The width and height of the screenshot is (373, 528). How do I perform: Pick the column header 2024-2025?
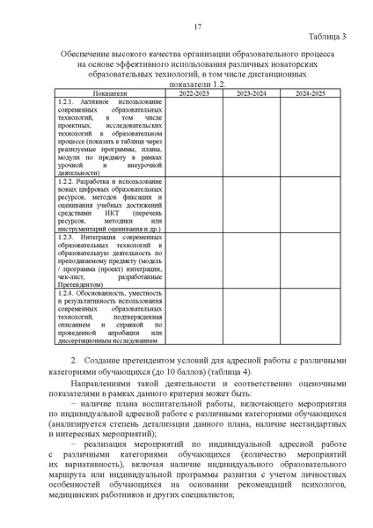311,92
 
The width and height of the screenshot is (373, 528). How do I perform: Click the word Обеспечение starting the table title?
89,55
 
